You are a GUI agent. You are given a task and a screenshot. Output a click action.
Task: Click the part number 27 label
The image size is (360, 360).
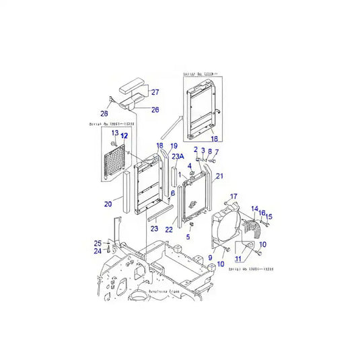tap(154, 92)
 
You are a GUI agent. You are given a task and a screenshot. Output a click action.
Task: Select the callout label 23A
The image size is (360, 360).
tap(178, 156)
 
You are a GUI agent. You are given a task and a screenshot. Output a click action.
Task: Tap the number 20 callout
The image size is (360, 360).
tap(108, 204)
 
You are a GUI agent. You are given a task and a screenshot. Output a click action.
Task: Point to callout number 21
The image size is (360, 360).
tap(219, 176)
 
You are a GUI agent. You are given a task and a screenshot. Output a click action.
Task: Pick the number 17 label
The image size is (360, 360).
tap(233, 196)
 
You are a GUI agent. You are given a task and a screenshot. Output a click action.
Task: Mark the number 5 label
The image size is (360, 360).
tap(188, 237)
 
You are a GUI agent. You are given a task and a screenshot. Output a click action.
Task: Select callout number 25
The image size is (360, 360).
tap(97, 243)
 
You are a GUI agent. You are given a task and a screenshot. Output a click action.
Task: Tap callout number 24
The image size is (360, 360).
tap(97, 251)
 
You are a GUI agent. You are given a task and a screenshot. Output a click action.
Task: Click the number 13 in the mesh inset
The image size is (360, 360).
tap(114, 133)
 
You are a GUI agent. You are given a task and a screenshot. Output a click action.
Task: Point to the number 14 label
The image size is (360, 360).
tap(255, 209)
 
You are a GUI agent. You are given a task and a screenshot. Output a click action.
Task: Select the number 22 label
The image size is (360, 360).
tap(169, 229)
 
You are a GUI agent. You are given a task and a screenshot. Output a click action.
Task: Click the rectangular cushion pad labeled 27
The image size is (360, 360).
tap(134, 88)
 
